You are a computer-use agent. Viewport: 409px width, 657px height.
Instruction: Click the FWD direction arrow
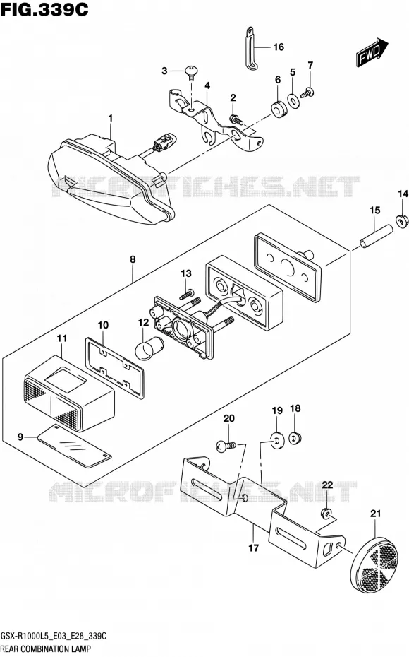click(x=372, y=52)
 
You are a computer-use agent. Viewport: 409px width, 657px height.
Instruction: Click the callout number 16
click(x=279, y=47)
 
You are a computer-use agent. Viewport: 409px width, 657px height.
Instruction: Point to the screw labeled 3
click(x=191, y=73)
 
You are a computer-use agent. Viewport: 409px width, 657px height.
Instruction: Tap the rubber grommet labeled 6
click(x=277, y=109)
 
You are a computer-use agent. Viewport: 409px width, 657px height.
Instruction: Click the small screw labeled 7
click(x=310, y=91)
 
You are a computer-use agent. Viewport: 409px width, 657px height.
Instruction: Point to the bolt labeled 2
click(x=236, y=119)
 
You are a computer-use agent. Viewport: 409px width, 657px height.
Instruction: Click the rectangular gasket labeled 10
click(x=114, y=369)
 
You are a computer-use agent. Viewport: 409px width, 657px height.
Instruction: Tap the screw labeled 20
click(x=226, y=446)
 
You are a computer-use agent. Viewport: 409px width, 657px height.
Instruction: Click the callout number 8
click(x=133, y=259)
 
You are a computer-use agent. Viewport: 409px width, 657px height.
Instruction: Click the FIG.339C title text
click(x=44, y=9)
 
